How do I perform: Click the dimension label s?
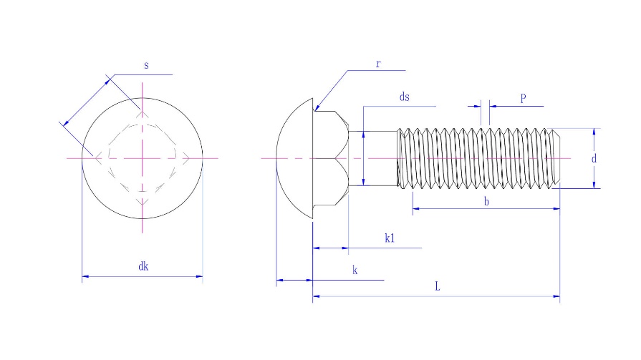[x=146, y=65]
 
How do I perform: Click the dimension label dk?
[x=143, y=266]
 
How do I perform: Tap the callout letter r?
[x=378, y=64]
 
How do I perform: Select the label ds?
[x=404, y=97]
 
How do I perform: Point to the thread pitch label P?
[x=523, y=98]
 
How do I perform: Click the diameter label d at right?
[x=594, y=159]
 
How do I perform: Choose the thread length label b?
[x=486, y=202]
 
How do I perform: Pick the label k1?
[x=390, y=238]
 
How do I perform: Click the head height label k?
[x=355, y=270]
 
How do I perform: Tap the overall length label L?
[x=438, y=286]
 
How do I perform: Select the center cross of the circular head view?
[x=143, y=157]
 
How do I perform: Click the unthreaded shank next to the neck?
[x=372, y=157]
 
